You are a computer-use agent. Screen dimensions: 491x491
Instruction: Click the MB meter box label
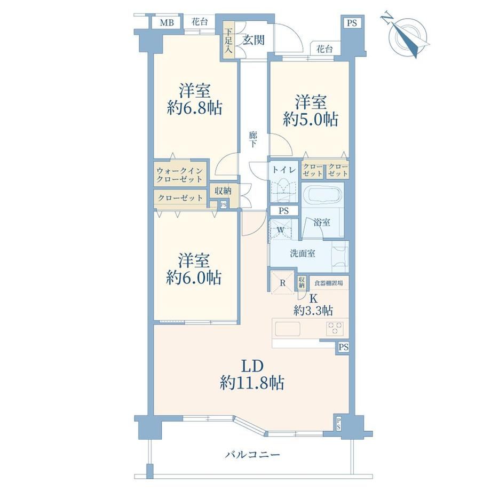point(167,23)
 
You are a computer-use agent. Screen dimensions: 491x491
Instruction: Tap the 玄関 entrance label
point(254,40)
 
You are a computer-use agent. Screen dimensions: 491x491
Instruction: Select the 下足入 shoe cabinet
point(228,40)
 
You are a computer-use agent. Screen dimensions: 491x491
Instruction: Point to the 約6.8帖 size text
point(194,108)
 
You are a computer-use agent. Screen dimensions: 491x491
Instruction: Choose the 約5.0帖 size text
point(310,120)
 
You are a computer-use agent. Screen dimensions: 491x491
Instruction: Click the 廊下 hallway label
point(253,140)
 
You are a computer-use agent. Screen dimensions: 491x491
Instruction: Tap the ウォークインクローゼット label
point(179,175)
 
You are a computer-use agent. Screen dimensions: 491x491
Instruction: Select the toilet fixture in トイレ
point(284,189)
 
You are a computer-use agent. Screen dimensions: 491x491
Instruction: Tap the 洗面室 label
point(302,254)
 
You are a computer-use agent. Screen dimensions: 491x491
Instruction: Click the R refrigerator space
point(282,282)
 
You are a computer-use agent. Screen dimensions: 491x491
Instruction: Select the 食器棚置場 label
point(328,283)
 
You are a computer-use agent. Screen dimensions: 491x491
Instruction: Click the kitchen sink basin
point(288,329)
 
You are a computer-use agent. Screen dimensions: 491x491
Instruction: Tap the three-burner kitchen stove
point(335,329)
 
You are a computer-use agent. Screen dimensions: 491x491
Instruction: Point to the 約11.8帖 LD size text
point(252,382)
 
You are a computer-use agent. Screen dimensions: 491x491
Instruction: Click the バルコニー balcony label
point(252,454)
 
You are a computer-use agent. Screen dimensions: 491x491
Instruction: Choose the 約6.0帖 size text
point(194,278)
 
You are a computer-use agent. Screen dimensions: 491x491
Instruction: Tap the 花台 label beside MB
point(200,22)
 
